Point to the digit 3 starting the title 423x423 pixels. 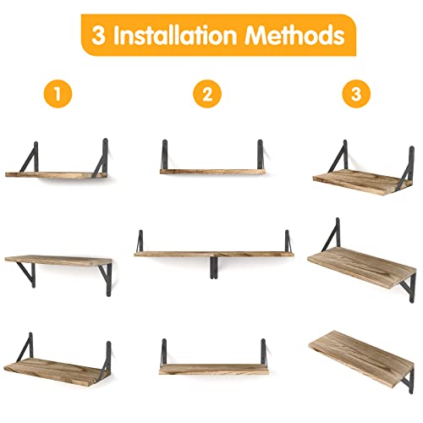98,36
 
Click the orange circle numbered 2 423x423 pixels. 205,95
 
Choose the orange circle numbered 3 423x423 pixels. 356,95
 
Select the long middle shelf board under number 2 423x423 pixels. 211,252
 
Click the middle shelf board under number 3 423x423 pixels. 360,271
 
